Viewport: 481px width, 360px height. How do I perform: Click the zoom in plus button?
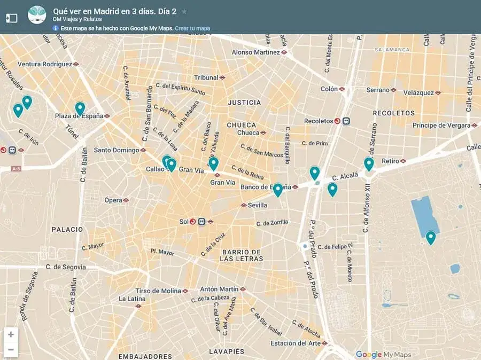click(11, 335)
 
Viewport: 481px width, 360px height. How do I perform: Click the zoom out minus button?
click(11, 350)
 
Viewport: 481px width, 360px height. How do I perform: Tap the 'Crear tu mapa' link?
click(192, 28)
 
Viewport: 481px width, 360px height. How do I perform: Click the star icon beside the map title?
click(184, 11)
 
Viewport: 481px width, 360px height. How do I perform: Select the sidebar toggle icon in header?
click(12, 18)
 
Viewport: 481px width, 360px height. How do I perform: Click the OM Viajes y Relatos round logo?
click(37, 15)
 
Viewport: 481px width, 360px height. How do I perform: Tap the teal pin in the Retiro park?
click(430, 237)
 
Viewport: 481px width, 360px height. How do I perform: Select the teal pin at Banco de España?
click(277, 190)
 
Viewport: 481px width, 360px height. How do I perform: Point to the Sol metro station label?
click(184, 221)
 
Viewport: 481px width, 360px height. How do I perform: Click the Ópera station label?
click(113, 200)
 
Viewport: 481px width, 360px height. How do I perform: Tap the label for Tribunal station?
click(206, 77)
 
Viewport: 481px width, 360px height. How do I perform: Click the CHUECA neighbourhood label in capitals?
click(242, 124)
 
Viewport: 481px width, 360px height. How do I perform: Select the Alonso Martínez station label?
click(255, 52)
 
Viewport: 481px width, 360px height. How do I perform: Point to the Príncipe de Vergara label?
click(441, 126)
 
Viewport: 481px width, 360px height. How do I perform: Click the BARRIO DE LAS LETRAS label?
click(242, 255)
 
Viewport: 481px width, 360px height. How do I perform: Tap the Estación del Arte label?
click(296, 343)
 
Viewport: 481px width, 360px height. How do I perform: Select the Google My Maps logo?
click(384, 355)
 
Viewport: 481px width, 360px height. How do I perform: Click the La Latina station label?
click(132, 299)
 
